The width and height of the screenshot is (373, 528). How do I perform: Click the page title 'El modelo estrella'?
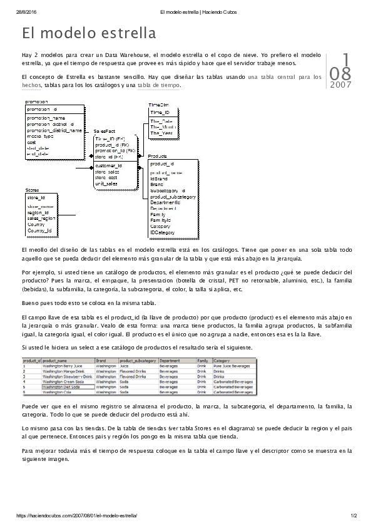tap(88, 33)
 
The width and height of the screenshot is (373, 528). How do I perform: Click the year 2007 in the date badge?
tap(340, 85)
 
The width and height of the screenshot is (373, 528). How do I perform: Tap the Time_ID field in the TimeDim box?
tap(160, 112)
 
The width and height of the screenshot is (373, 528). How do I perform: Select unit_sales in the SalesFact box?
tap(106, 184)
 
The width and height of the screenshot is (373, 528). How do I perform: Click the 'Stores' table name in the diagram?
tap(32, 190)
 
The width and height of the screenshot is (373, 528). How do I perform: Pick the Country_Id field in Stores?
tap(39, 230)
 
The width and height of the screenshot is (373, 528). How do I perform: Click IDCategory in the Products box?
tap(161, 232)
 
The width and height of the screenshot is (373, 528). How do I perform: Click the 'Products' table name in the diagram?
tap(157, 156)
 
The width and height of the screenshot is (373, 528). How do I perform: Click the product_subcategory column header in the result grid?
tap(138, 361)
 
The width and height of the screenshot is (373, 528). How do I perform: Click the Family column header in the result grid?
tap(203, 361)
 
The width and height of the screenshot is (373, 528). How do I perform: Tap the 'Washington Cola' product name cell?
tap(58, 391)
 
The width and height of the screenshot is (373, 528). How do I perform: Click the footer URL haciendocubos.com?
tap(76, 515)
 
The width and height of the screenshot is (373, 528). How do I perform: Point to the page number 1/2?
tap(354, 515)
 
